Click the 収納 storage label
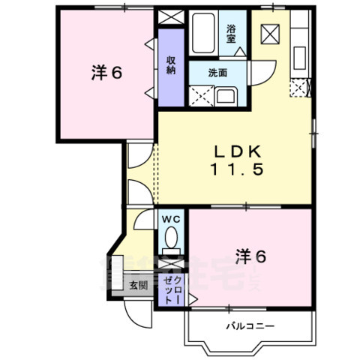point(171,65)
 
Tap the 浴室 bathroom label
point(232,34)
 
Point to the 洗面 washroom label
point(217,73)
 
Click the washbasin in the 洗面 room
point(226,95)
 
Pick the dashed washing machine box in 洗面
point(200,95)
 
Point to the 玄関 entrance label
point(137,284)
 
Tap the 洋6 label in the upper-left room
point(107,73)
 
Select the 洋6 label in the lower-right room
point(252,256)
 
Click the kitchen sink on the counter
point(298,56)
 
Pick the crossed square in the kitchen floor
point(270,34)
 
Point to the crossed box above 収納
point(171,18)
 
